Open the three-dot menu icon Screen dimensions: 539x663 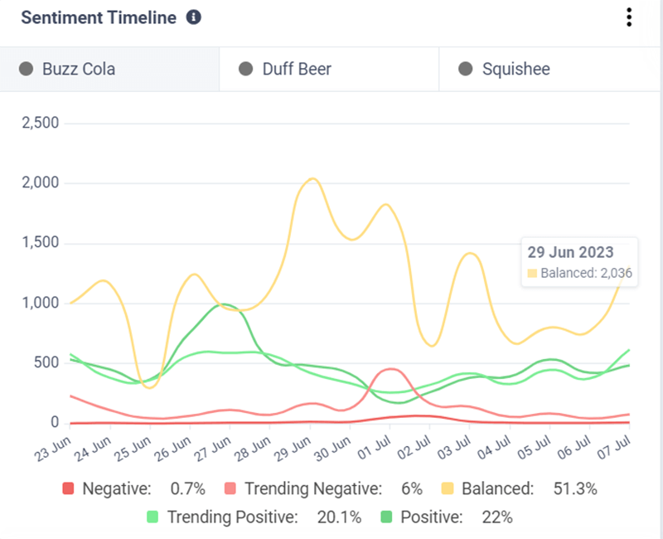point(630,17)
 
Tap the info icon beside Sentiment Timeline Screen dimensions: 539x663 point(194,17)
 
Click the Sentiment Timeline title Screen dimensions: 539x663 point(99,17)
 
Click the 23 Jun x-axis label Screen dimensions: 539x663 point(51,451)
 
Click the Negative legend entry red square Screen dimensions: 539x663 point(69,489)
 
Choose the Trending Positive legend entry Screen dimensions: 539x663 point(232,517)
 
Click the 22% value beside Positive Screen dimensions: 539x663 point(497,517)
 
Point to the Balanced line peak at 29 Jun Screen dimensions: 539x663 point(311,178)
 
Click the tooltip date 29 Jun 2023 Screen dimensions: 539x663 point(570,252)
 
